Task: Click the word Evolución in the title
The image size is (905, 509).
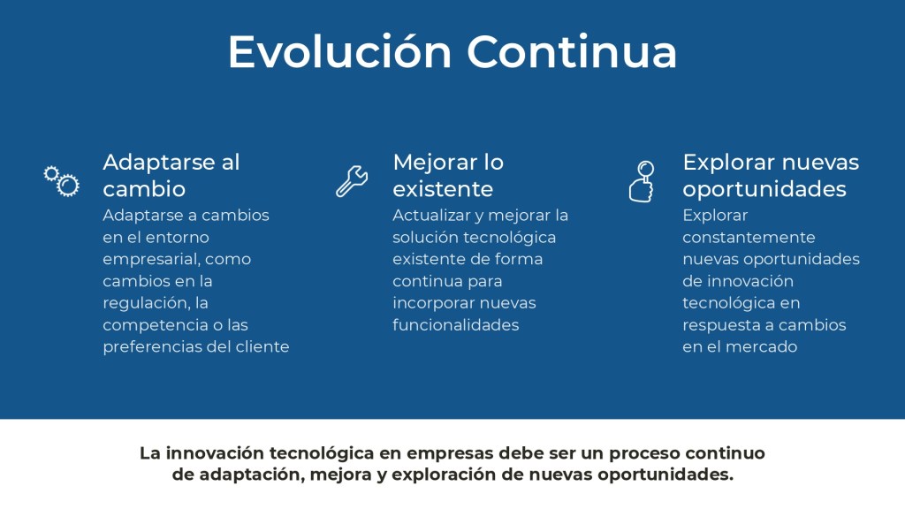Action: [340, 51]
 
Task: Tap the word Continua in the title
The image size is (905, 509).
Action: [572, 51]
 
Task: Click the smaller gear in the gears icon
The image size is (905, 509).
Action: [51, 173]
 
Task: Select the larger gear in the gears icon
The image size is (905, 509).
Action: [68, 186]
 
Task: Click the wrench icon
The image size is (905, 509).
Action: [352, 181]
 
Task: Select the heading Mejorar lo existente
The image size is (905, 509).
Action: [448, 176]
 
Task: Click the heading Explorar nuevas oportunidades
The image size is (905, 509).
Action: [771, 176]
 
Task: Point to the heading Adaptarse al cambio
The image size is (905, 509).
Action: [171, 176]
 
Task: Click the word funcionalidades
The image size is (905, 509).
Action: [456, 325]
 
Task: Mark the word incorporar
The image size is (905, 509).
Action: [433, 303]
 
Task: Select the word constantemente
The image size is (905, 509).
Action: [749, 237]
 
